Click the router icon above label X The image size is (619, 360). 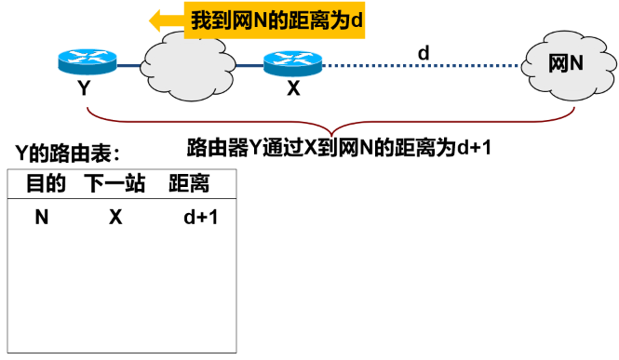click(292, 63)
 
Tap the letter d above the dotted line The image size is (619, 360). click(423, 53)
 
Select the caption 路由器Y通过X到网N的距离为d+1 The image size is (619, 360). click(339, 147)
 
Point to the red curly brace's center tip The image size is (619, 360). click(329, 132)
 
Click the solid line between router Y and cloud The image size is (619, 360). click(131, 65)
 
